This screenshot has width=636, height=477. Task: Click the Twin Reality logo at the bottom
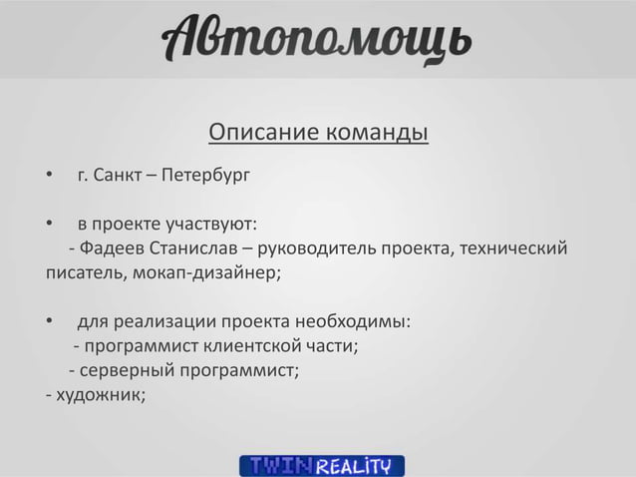(321, 465)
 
